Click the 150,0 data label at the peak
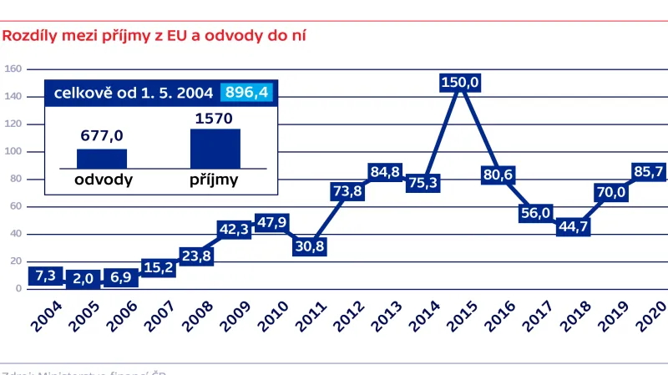coord(459,82)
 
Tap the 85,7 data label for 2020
coord(648,173)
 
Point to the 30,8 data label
coord(309,246)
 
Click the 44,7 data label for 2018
coord(574,226)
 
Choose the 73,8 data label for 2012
coord(347,191)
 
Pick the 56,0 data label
coord(535,212)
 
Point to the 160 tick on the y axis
coord(13,69)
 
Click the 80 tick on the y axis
coord(15,179)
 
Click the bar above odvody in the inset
coord(101,159)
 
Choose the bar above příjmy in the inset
coord(215,149)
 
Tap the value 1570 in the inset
coord(215,119)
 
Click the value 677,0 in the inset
coord(102,136)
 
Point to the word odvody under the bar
coord(101,179)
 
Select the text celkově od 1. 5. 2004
coord(134,93)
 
